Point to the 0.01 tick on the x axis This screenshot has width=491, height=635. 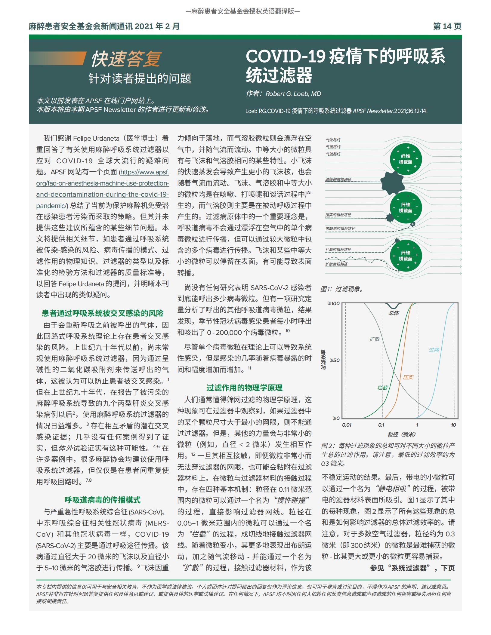tap(347, 425)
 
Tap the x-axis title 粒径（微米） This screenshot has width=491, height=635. tap(402, 434)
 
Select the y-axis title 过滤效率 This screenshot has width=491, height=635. tap(324, 360)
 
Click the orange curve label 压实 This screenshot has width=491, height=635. tap(408, 377)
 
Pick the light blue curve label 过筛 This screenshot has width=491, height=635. tap(434, 350)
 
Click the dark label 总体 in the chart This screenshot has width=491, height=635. tap(394, 313)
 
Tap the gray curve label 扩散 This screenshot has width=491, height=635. tap(375, 339)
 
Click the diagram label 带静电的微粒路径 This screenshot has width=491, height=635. tap(340, 229)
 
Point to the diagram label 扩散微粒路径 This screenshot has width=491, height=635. tap(336, 264)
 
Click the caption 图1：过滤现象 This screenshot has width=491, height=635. tap(342, 289)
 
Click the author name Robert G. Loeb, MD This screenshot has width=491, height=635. tap(293, 94)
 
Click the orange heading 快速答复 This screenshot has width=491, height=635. tap(126, 59)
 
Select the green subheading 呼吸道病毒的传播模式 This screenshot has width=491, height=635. tap(103, 500)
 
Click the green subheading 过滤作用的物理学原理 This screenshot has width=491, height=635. tap(244, 388)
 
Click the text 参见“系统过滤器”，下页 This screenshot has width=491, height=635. tap(412, 568)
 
